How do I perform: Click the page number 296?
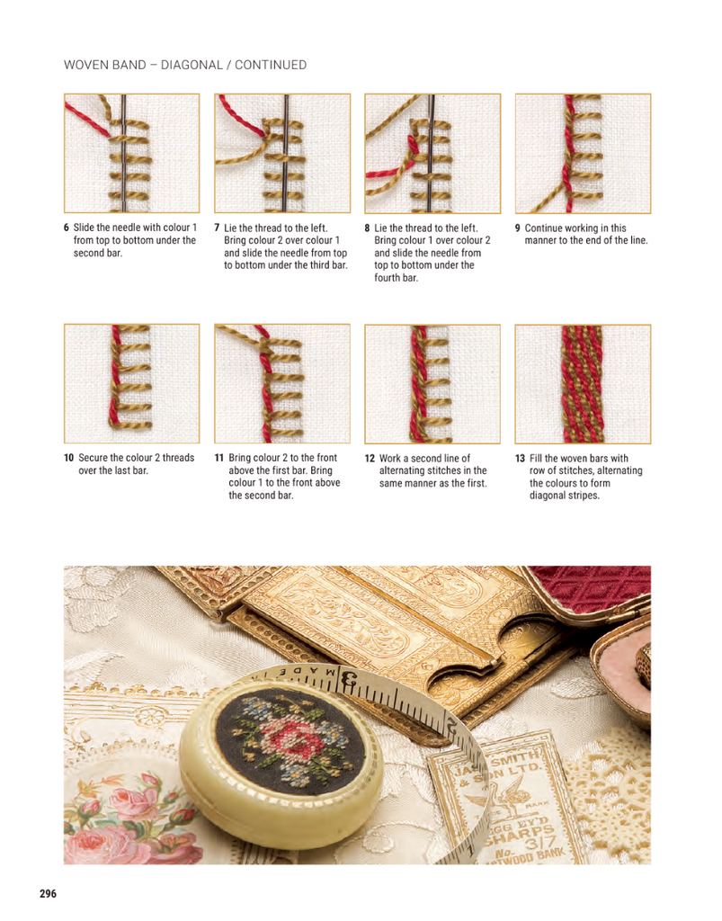(x=49, y=893)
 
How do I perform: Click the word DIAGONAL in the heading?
(x=192, y=65)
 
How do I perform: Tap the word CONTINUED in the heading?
(x=271, y=65)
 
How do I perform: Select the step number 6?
(x=67, y=228)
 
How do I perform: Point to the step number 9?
(x=518, y=228)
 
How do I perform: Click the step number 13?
(x=520, y=458)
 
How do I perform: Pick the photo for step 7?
(x=282, y=153)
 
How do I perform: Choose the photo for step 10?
(x=131, y=383)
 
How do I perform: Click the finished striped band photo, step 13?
(x=583, y=383)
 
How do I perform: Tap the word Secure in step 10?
(x=93, y=458)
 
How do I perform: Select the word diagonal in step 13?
(x=548, y=496)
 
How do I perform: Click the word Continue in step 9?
(x=544, y=228)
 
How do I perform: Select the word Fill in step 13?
(x=536, y=458)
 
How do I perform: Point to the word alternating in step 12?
(x=404, y=470)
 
